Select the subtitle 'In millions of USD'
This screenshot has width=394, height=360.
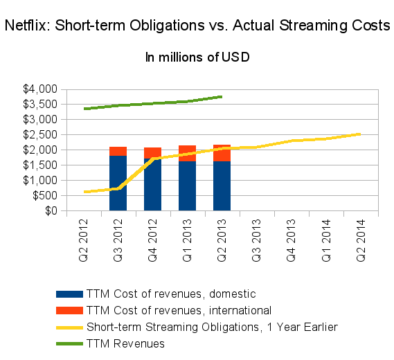click(x=197, y=57)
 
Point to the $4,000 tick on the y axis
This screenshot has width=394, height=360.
click(x=40, y=89)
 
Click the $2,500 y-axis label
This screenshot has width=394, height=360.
click(x=40, y=135)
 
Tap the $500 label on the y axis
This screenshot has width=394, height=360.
click(x=45, y=195)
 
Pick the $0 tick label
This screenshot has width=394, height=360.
click(x=51, y=210)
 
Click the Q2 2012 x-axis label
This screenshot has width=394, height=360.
click(x=83, y=240)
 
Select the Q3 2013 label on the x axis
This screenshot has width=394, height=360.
click(x=257, y=240)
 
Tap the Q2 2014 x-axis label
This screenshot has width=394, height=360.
click(x=361, y=240)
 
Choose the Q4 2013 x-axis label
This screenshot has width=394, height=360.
click(x=292, y=240)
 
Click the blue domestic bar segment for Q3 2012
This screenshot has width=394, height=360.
click(x=118, y=183)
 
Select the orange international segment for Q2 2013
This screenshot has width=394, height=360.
click(x=222, y=153)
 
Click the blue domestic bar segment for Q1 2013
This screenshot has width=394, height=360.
click(x=187, y=186)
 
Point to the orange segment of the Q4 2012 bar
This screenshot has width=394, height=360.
click(x=153, y=152)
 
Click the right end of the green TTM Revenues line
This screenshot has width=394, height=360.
click(x=222, y=97)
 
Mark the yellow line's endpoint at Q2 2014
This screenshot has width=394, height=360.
click(x=360, y=134)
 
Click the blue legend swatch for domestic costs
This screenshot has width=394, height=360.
click(x=69, y=294)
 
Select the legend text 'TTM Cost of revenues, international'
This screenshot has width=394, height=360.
click(x=179, y=311)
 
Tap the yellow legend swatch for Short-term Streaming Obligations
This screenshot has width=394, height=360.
click(x=69, y=327)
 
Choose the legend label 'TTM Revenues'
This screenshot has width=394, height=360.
click(x=125, y=343)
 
